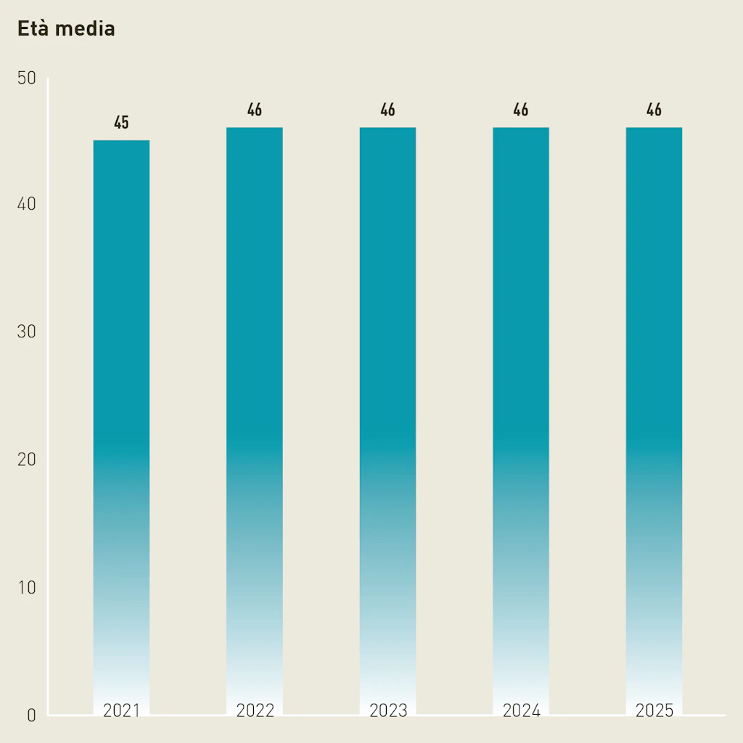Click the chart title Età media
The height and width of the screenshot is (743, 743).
click(x=66, y=30)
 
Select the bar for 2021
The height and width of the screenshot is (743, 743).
click(x=121, y=421)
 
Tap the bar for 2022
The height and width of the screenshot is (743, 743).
click(x=255, y=414)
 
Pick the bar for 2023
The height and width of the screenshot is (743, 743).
click(x=388, y=414)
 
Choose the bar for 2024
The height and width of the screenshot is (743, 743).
click(x=521, y=414)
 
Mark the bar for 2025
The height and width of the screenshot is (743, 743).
click(x=654, y=414)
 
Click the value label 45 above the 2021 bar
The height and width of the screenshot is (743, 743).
click(x=121, y=123)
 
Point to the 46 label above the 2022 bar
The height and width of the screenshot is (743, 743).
click(x=255, y=110)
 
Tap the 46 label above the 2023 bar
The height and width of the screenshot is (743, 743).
click(x=388, y=110)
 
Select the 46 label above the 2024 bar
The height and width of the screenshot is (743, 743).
click(x=521, y=110)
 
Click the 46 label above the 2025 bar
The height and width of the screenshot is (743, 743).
click(x=654, y=110)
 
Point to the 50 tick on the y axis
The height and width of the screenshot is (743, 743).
click(x=27, y=78)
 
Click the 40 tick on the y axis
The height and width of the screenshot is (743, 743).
click(x=27, y=205)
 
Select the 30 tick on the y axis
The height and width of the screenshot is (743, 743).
click(x=27, y=332)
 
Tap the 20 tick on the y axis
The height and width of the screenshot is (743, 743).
click(x=27, y=460)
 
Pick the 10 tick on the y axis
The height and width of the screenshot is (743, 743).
click(x=27, y=587)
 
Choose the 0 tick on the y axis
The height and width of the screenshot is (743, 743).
click(x=31, y=715)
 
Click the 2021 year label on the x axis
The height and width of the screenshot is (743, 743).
click(x=121, y=710)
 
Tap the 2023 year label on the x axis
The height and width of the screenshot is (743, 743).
click(x=388, y=710)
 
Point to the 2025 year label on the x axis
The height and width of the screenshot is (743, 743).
click(x=654, y=710)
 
